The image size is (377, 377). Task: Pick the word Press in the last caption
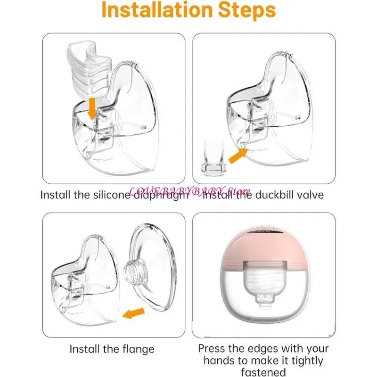click(x=213, y=349)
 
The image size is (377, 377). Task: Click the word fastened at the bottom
click(x=263, y=373)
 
